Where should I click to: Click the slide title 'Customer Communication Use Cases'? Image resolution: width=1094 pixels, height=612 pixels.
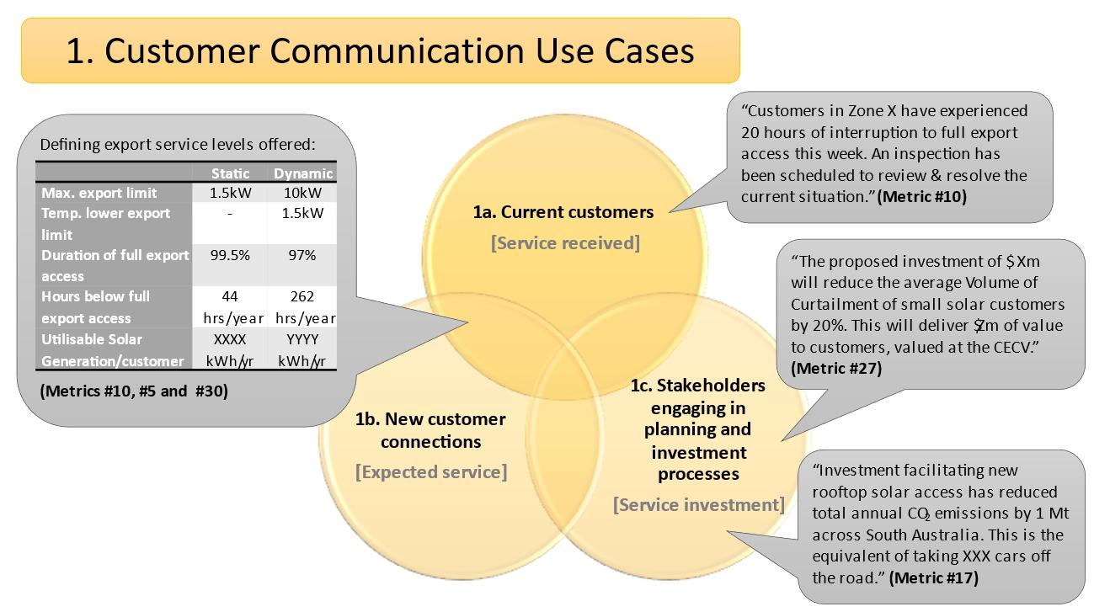pyautogui.click(x=380, y=51)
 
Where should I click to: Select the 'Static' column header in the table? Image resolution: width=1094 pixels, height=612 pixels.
pyautogui.click(x=230, y=173)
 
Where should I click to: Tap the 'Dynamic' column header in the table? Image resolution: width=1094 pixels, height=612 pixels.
pyautogui.click(x=303, y=173)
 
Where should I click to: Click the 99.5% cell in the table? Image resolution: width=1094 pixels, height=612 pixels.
pyautogui.click(x=230, y=255)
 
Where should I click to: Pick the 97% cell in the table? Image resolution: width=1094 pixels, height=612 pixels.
pyautogui.click(x=302, y=255)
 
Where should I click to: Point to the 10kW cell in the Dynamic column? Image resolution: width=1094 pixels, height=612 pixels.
pyautogui.click(x=302, y=193)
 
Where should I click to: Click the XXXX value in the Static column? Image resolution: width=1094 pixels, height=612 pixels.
pyautogui.click(x=230, y=339)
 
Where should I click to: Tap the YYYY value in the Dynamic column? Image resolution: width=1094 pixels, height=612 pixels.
pyautogui.click(x=302, y=339)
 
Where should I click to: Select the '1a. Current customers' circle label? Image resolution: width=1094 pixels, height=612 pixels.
pyautogui.click(x=563, y=212)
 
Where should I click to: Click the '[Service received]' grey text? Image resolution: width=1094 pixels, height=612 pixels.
pyautogui.click(x=565, y=243)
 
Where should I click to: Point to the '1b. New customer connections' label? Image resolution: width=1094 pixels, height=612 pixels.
pyautogui.click(x=430, y=430)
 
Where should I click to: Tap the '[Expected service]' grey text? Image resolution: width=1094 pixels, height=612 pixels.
pyautogui.click(x=431, y=471)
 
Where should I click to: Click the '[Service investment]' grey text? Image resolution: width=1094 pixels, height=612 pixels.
pyautogui.click(x=698, y=505)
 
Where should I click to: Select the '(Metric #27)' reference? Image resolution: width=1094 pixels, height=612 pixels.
pyautogui.click(x=836, y=368)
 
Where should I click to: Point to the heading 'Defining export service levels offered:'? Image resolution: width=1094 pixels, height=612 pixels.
pyautogui.click(x=177, y=144)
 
